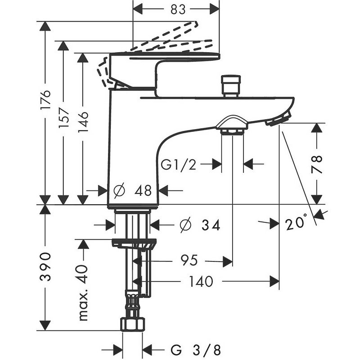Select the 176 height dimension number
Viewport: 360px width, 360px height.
[45, 101]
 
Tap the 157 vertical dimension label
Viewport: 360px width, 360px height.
[64, 118]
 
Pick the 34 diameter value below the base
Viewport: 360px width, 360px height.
[211, 225]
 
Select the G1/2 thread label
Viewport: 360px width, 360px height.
[179, 165]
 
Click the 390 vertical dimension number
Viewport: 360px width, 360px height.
[45, 266]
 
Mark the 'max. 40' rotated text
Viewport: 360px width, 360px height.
[84, 292]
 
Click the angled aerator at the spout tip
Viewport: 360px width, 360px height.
[278, 120]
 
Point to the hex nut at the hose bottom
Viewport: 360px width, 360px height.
[133, 324]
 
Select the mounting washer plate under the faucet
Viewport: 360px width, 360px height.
[134, 243]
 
